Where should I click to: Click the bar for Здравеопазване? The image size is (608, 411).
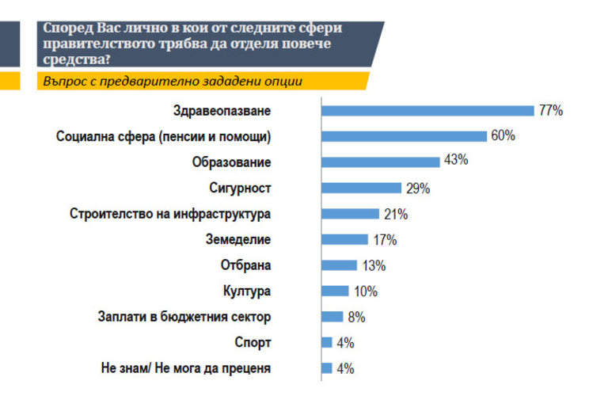[x=427, y=110]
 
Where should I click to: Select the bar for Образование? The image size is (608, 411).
[x=380, y=162]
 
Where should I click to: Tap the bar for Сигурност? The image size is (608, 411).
[x=361, y=188]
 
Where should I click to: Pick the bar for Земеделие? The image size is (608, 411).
[x=344, y=239]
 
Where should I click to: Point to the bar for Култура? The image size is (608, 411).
[x=335, y=291]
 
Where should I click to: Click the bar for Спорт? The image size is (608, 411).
[x=326, y=342]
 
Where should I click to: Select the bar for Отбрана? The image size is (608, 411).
[x=339, y=265]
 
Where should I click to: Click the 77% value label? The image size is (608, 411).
[x=551, y=111]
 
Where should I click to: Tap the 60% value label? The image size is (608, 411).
[x=503, y=136]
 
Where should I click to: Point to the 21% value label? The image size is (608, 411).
[x=395, y=214]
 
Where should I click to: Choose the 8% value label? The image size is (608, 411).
[x=355, y=317]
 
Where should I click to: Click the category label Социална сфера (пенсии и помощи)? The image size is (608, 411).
[x=164, y=137]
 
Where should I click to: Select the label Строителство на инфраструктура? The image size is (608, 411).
[x=170, y=214]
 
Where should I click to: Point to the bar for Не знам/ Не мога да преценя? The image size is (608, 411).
[x=326, y=368]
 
